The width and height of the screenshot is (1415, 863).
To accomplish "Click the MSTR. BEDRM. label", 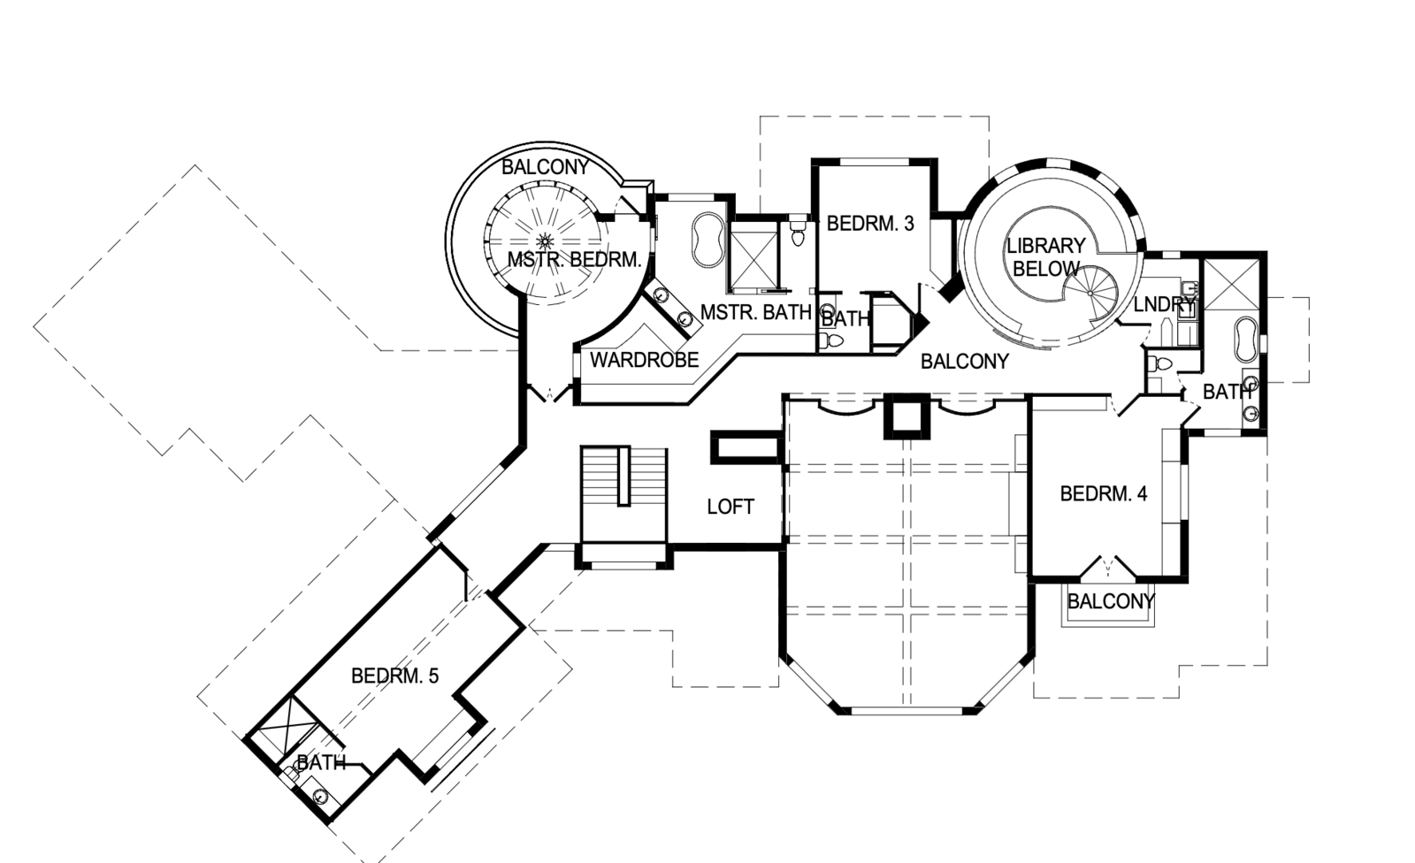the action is click(574, 260).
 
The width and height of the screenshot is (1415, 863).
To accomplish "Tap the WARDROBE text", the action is click(644, 360).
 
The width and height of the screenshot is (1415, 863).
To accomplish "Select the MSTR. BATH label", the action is click(755, 312).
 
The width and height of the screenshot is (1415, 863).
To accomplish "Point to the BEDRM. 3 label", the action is click(870, 224).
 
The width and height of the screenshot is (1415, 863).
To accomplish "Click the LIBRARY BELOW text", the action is click(1045, 257).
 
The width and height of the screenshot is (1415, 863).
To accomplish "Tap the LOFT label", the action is click(730, 507).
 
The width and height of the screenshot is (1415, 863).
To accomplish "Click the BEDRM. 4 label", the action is click(1104, 493).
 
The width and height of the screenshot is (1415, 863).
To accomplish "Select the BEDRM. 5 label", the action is click(394, 676).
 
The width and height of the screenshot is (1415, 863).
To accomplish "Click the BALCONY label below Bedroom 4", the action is click(1111, 602).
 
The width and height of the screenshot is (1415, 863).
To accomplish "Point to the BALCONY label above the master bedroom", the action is click(545, 168).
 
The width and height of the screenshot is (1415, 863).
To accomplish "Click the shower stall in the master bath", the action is click(753, 259).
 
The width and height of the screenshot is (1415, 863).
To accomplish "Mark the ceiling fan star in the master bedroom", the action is click(545, 240).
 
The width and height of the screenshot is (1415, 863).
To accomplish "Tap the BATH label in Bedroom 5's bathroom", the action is click(321, 762).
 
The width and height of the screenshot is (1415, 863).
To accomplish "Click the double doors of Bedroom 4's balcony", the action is click(1108, 566).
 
